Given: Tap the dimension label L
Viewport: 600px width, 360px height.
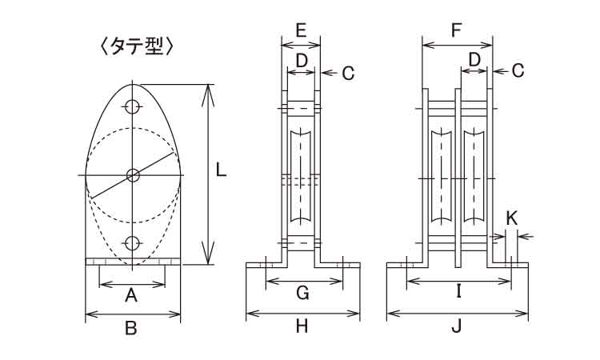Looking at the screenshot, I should pos(222,170).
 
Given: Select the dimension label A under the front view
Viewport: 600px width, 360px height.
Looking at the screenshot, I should pos(132,297).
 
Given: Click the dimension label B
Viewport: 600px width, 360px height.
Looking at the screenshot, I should pos(132,326).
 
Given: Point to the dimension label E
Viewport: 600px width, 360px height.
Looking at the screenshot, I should pos(301,31).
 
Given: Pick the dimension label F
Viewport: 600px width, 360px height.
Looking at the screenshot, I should pos(457,31).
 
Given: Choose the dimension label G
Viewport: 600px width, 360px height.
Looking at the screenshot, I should pos(302,293).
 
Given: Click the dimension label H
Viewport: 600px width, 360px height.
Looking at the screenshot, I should pos(302,326).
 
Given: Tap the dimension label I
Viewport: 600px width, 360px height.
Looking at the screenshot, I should pos(458,293).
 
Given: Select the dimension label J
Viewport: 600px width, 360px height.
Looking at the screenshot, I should pos(457,326).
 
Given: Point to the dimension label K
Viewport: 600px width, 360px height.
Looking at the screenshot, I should pos(513,217).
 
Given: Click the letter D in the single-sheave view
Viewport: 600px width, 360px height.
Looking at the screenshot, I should pos(302,60).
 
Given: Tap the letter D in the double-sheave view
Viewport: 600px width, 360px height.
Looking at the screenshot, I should pos(474,60).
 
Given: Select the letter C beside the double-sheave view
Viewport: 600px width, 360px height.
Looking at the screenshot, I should pos(518,71).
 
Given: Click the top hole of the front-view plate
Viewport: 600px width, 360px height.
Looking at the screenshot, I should pos(133,106).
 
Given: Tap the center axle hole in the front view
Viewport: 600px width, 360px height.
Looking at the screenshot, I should pos(133,174).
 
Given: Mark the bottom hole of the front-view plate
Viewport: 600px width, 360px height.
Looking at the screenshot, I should pos(133,242).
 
